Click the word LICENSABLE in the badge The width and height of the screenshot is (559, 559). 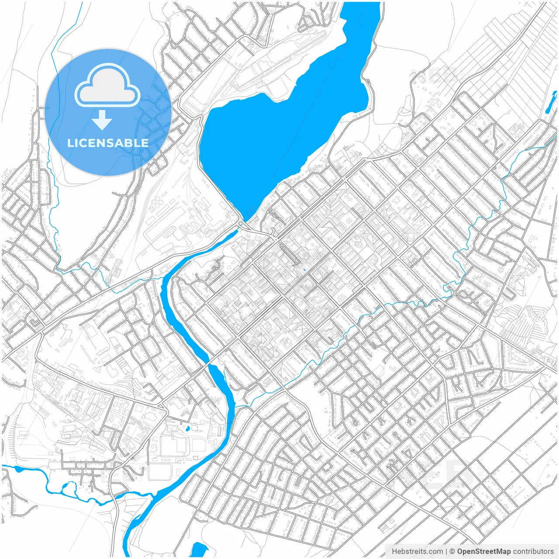click(108, 143)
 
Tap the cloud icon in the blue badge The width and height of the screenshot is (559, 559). click(107, 85)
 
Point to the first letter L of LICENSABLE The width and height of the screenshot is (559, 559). click(70, 143)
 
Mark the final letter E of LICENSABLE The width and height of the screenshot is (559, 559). click(145, 143)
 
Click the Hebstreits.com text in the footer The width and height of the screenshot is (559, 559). click(417, 551)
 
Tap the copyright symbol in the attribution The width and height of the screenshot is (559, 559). click(452, 551)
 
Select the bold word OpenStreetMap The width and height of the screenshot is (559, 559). click(483, 551)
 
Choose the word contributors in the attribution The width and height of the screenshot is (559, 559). click(533, 551)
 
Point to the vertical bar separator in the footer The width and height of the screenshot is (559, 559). click(446, 551)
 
